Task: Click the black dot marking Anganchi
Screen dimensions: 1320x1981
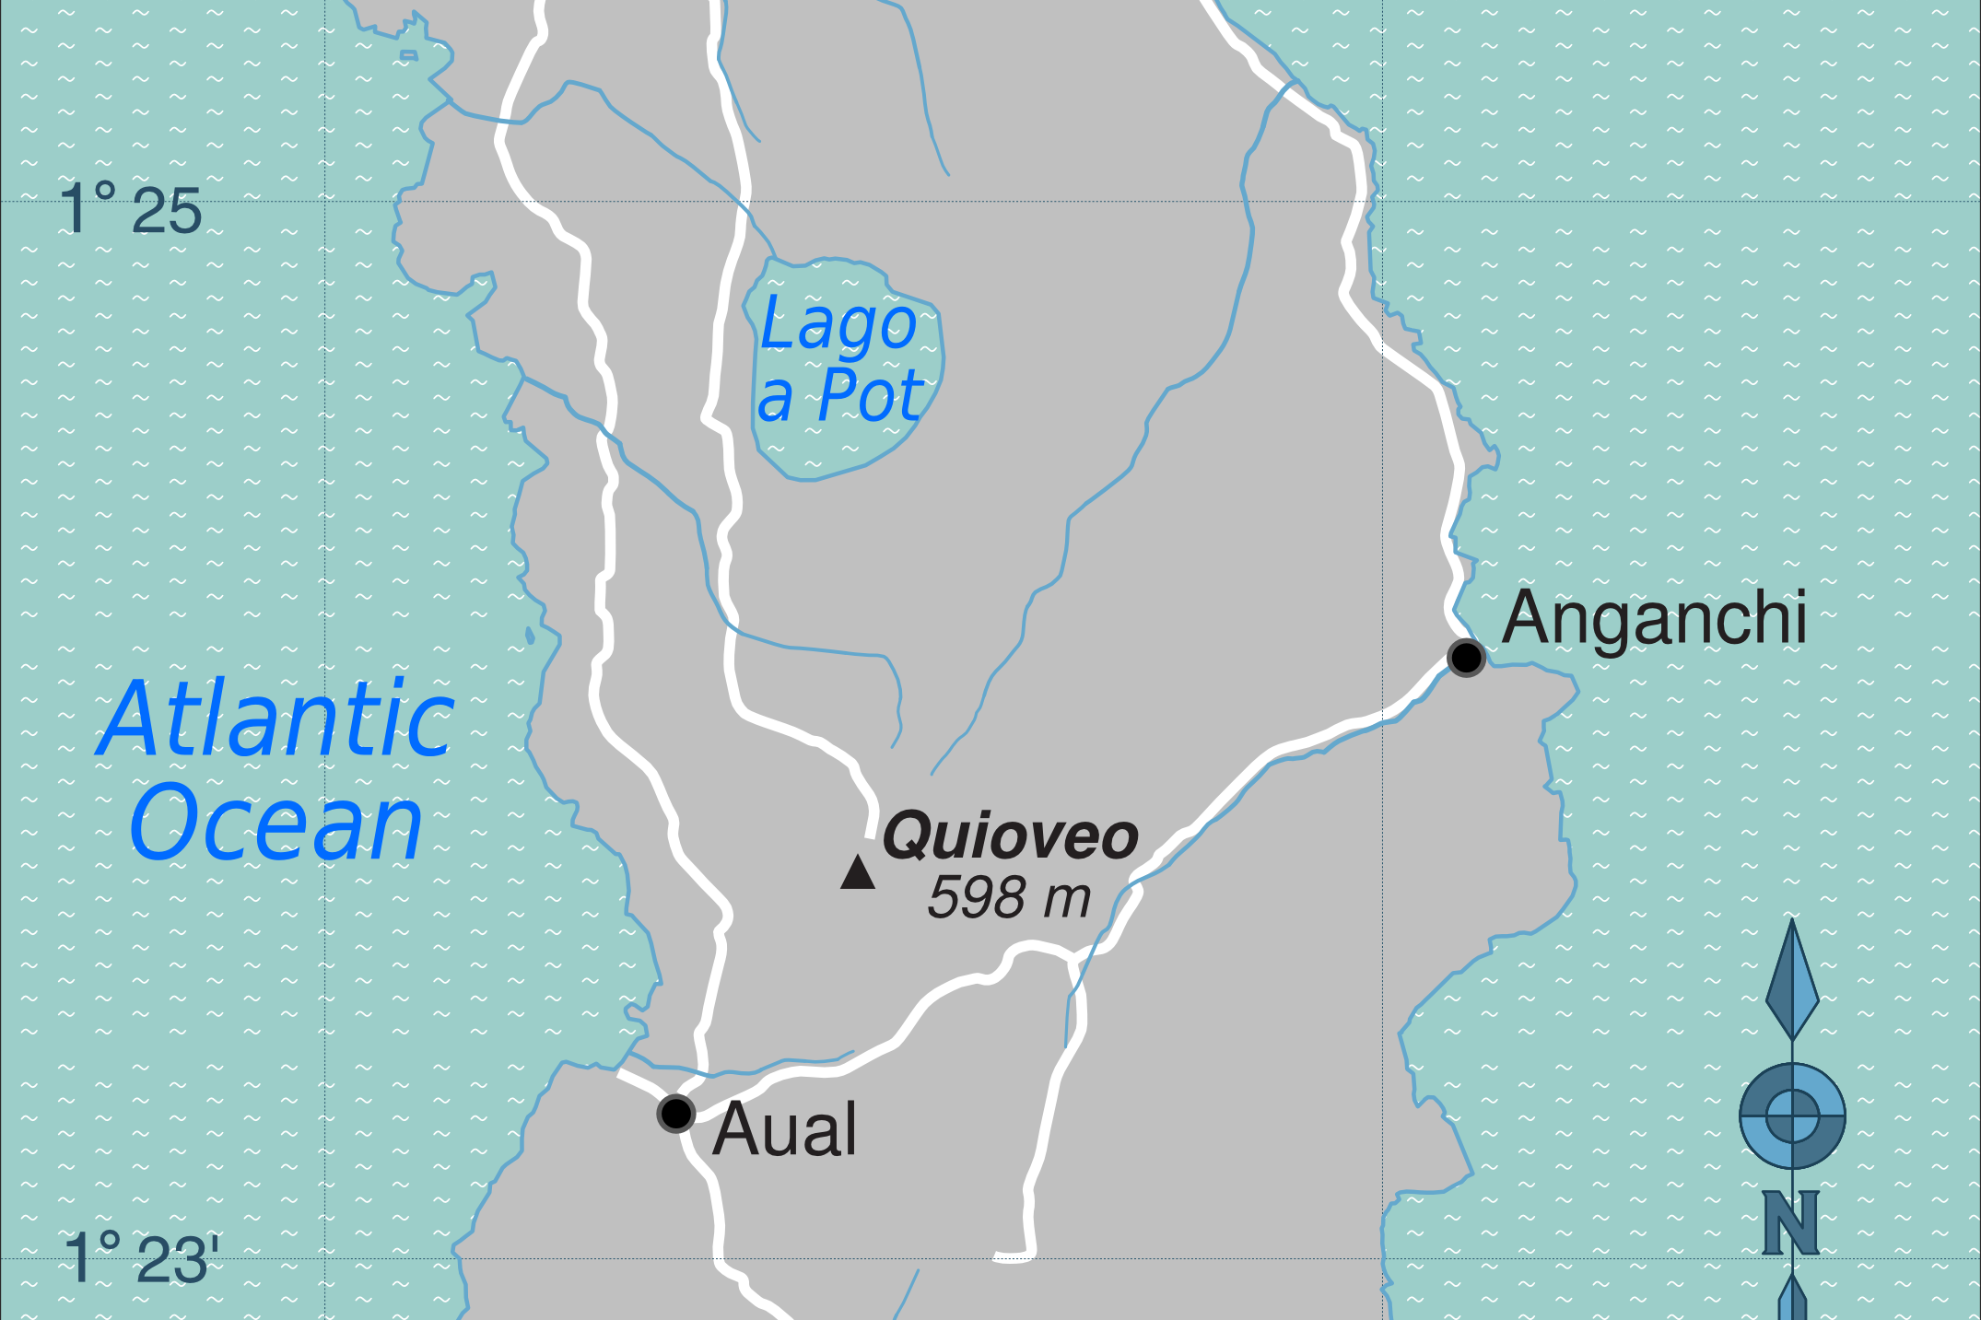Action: click(1465, 658)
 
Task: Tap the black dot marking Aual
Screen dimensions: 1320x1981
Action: click(675, 1113)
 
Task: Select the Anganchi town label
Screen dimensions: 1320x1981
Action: click(1654, 618)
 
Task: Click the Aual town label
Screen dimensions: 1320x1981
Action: click(785, 1129)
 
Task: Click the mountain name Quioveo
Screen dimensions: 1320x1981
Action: click(1011, 835)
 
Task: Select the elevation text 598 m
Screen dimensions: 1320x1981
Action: click(1009, 897)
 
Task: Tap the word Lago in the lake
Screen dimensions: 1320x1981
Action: click(838, 324)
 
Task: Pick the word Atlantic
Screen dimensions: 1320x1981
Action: click(275, 719)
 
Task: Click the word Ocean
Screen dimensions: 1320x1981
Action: click(275, 824)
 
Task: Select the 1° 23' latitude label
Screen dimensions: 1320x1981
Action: click(141, 1257)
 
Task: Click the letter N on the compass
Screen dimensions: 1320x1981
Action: click(1790, 1222)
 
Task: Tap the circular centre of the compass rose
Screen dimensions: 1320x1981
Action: click(1792, 1116)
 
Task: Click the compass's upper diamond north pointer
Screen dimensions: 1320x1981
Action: click(1792, 981)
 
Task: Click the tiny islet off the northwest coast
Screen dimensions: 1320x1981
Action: click(409, 56)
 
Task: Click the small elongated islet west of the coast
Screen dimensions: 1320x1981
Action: click(530, 636)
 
